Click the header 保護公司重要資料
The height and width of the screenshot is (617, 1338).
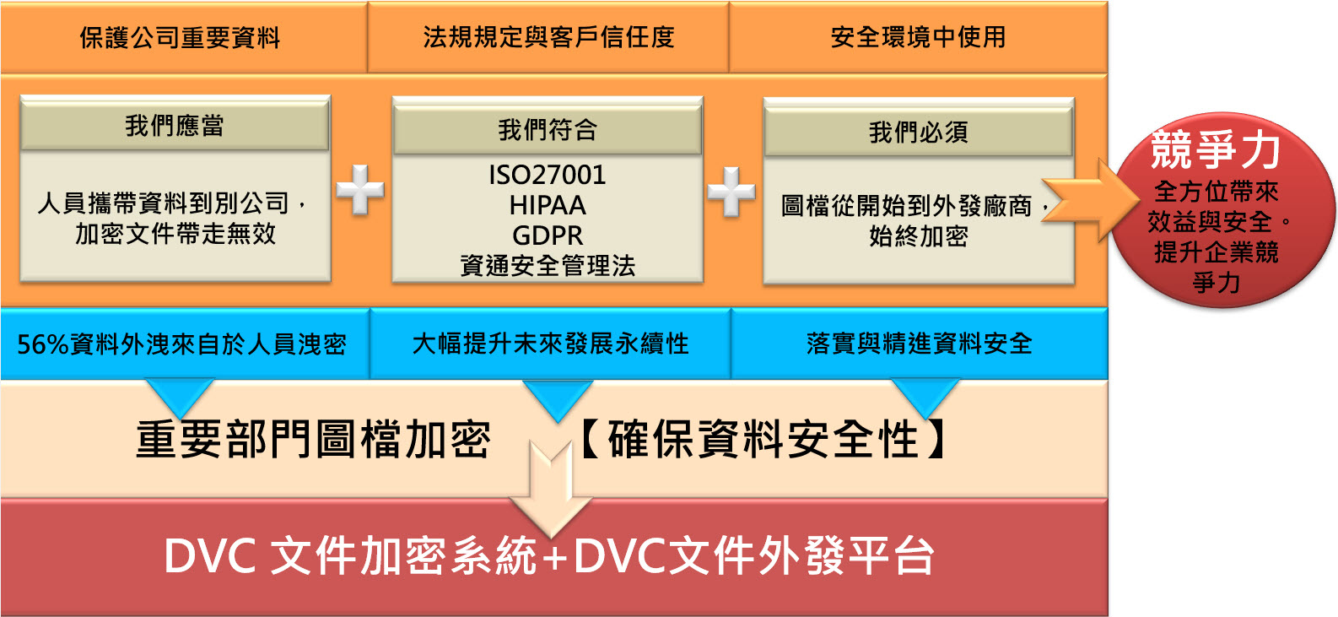pyautogui.click(x=180, y=38)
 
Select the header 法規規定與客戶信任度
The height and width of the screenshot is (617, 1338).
pyautogui.click(x=549, y=37)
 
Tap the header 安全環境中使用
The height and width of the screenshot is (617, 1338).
pyautogui.click(x=918, y=37)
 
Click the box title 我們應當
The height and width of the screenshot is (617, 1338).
pyautogui.click(x=175, y=126)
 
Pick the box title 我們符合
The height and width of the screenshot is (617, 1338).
pyautogui.click(x=548, y=130)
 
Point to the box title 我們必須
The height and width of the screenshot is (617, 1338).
pyautogui.click(x=918, y=133)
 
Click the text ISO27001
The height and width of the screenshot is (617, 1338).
pyautogui.click(x=548, y=176)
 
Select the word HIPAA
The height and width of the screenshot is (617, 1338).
pyautogui.click(x=548, y=205)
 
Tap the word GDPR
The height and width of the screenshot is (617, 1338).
pyautogui.click(x=548, y=235)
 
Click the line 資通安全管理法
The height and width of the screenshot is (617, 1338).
pyautogui.click(x=548, y=265)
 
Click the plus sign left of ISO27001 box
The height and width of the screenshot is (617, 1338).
pyautogui.click(x=360, y=190)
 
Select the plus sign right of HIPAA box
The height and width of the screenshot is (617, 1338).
pyautogui.click(x=731, y=192)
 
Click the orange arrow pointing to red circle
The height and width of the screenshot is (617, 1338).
pyautogui.click(x=1090, y=201)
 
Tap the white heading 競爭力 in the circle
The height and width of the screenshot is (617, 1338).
pyautogui.click(x=1216, y=149)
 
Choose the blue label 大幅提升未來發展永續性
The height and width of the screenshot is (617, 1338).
pyautogui.click(x=550, y=344)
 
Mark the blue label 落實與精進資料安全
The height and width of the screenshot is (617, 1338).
pyautogui.click(x=920, y=344)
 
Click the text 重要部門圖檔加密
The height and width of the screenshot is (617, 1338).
pyautogui.click(x=314, y=440)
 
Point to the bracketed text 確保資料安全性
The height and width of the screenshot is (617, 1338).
pyautogui.click(x=763, y=440)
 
